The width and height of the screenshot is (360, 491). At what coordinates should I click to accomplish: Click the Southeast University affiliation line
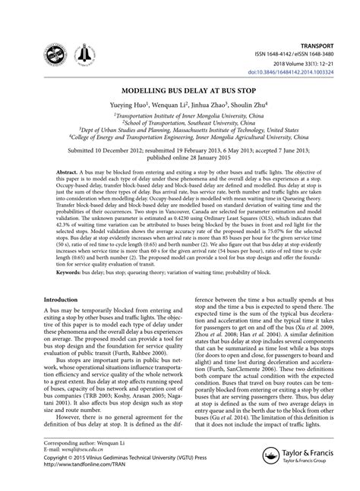(x=180, y=120)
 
